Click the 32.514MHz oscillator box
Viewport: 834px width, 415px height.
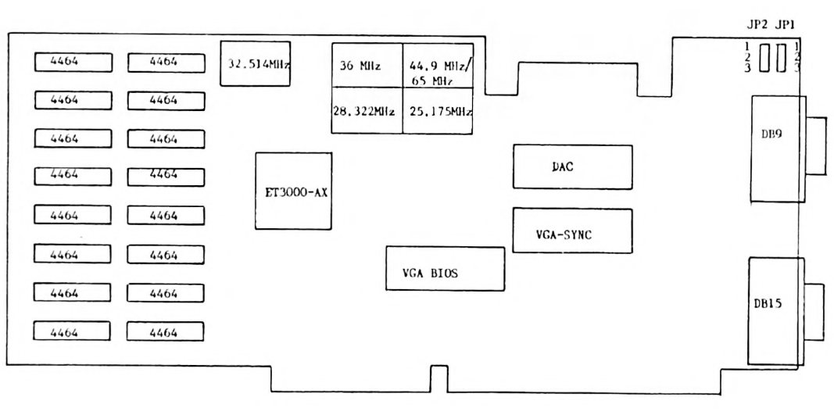pos(255,64)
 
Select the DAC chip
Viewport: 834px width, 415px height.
pos(571,166)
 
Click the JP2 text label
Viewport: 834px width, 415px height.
pos(758,26)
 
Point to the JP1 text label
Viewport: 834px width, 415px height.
pos(785,26)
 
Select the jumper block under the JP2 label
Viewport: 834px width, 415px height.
pos(766,56)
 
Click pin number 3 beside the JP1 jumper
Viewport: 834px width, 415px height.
pos(796,68)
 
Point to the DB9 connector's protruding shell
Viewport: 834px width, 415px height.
pos(813,147)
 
